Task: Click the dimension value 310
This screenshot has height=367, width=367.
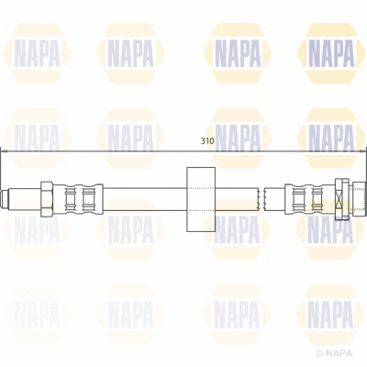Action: pyautogui.click(x=208, y=142)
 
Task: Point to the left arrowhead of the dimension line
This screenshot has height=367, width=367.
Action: pyautogui.click(x=6, y=150)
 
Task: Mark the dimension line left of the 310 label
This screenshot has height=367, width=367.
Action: pyautogui.click(x=101, y=150)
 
